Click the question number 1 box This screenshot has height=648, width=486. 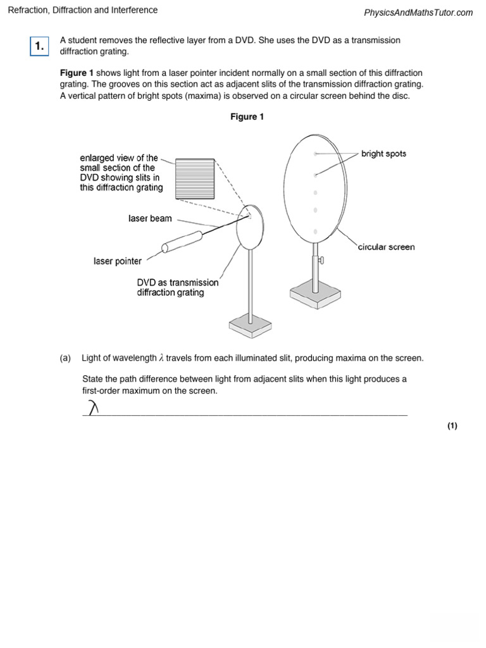tap(39, 46)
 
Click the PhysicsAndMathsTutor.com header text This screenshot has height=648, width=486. tap(418, 13)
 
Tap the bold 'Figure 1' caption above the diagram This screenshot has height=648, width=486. tap(247, 117)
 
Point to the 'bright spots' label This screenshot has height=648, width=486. tap(383, 154)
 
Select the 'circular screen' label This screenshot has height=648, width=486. tap(386, 247)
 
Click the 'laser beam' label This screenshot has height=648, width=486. tap(150, 218)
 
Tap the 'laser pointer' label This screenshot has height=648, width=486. tap(118, 261)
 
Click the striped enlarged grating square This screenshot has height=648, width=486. tap(194, 178)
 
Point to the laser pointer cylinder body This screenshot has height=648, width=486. tap(182, 242)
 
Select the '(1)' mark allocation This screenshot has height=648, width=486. tap(452, 426)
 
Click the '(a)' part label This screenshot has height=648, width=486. tap(65, 358)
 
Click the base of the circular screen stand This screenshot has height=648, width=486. tap(315, 294)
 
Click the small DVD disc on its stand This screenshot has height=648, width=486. tap(249, 226)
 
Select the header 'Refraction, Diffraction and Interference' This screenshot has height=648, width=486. tap(82, 10)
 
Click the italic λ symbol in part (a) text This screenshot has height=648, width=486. tap(161, 358)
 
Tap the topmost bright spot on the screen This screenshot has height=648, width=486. tap(315, 154)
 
